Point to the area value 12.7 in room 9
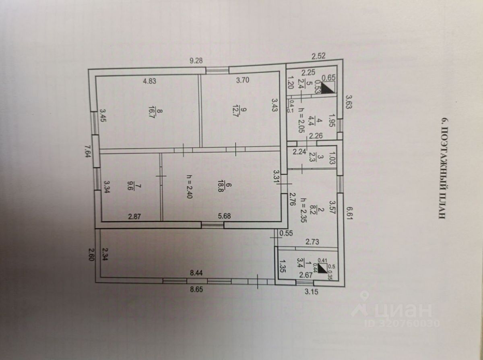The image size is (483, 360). pos(235,110)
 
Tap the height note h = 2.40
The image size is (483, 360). pos(189,186)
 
